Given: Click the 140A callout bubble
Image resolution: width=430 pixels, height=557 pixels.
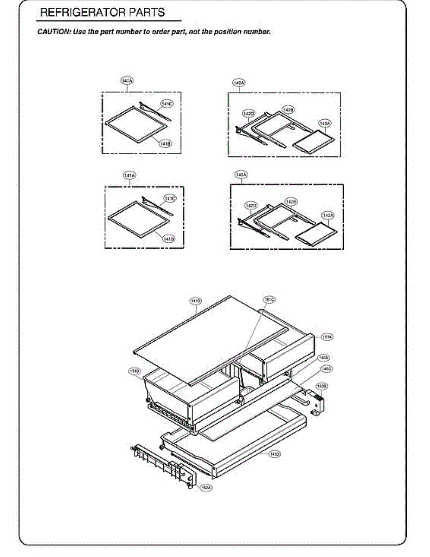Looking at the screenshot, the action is tap(238, 83).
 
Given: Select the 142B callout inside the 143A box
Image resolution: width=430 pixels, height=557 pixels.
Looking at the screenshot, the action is tap(291, 201).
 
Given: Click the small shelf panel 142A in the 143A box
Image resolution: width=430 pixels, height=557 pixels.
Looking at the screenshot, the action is tap(314, 234).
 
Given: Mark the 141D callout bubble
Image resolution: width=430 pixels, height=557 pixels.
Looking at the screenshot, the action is tap(196, 301).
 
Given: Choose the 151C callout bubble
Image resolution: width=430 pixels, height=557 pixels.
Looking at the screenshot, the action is tap(269, 300).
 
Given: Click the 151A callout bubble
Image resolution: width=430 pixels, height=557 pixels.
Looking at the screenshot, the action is tap(327, 337).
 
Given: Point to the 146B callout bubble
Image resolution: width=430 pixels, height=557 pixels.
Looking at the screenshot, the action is tap(323, 358).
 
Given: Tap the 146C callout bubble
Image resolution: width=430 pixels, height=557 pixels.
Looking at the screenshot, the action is tap(326, 369).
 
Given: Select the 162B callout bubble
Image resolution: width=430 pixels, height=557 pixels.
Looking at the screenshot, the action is tap(321, 386).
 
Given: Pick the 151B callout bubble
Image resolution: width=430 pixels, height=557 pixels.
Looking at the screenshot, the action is tap(135, 370).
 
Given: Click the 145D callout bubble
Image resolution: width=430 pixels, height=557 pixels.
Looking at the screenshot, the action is tap(275, 453).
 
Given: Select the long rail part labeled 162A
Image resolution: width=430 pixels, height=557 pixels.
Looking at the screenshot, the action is tap(162, 464).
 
